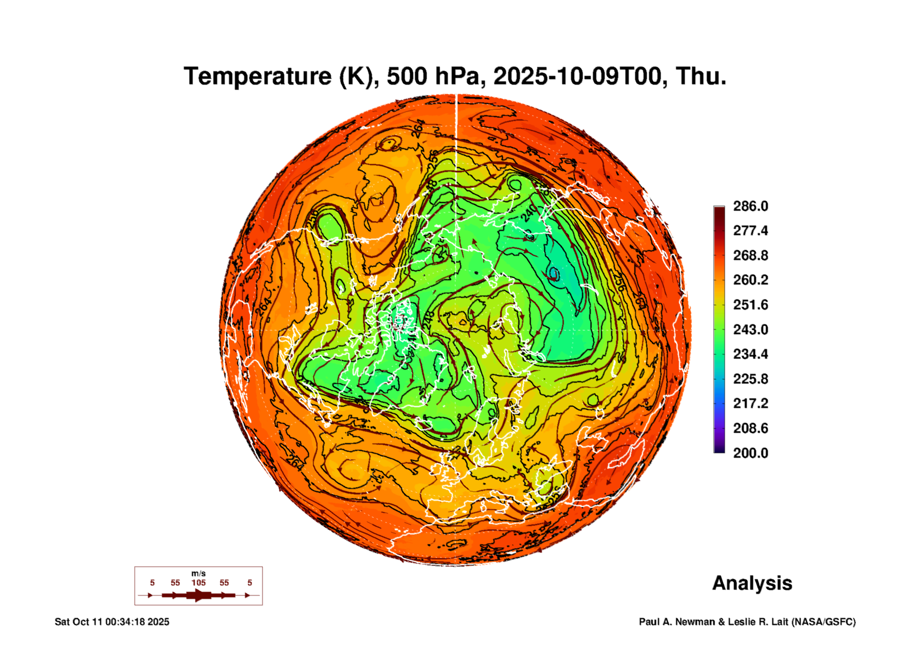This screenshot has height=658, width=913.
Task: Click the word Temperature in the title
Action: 258,76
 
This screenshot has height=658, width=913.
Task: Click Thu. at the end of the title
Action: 701,76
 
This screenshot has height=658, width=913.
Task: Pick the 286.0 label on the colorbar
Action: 750,206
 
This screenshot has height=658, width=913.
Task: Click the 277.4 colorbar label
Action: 750,231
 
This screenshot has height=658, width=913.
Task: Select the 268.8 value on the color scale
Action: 750,255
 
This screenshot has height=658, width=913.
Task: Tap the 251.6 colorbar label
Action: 750,305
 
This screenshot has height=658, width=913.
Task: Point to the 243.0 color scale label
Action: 750,329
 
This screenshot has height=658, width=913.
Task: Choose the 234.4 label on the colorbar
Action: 750,354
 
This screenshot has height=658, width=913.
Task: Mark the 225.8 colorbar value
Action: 750,379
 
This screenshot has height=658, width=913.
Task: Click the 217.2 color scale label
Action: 750,403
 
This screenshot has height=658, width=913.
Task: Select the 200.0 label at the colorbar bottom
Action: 750,453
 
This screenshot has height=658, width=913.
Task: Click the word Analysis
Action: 752,583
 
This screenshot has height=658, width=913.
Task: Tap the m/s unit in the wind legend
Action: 198,573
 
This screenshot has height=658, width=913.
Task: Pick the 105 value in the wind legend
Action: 198,583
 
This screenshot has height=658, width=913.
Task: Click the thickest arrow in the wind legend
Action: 198,595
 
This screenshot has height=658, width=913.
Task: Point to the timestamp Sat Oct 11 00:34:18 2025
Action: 112,622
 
